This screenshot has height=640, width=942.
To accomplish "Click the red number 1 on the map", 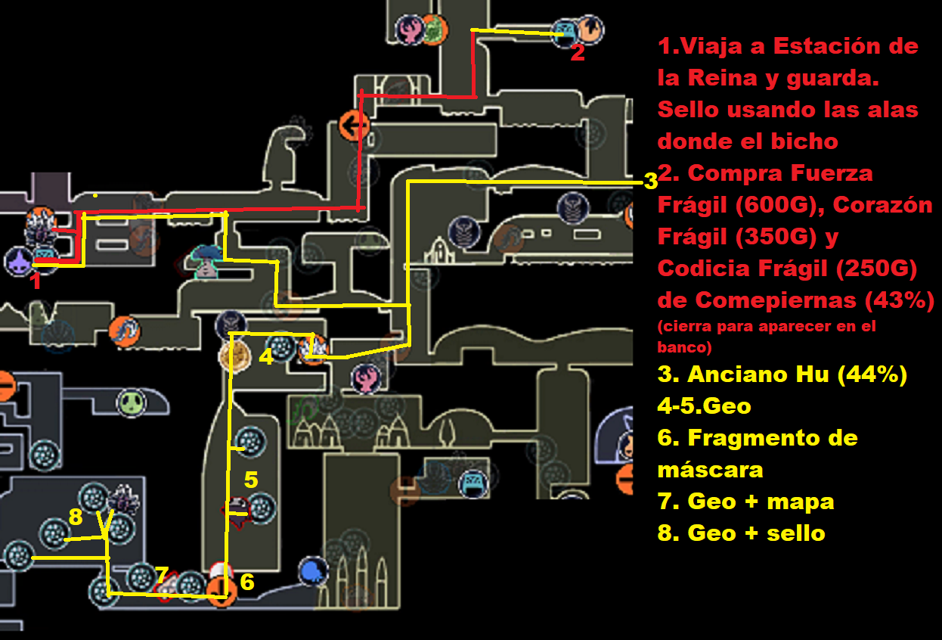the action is [37, 281].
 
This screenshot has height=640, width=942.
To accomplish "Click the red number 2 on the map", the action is [578, 53].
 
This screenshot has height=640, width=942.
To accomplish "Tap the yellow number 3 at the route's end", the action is [651, 182].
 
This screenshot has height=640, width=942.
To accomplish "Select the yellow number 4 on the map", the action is [266, 357].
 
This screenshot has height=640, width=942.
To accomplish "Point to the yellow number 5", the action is [251, 480].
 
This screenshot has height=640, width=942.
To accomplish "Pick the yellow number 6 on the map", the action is [247, 583].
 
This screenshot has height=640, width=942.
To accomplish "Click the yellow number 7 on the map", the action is [162, 574].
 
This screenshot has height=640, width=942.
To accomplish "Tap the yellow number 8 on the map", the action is [76, 517].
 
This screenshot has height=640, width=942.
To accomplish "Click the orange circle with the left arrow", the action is [354, 126].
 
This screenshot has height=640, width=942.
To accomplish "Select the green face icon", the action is [132, 403].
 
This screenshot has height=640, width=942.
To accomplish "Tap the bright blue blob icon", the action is [313, 571].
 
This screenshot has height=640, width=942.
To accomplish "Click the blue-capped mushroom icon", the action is [206, 262].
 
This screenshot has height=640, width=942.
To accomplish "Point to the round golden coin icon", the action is [234, 356].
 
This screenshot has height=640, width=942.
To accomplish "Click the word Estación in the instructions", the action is [827, 46].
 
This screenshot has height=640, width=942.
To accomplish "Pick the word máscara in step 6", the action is [711, 470].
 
